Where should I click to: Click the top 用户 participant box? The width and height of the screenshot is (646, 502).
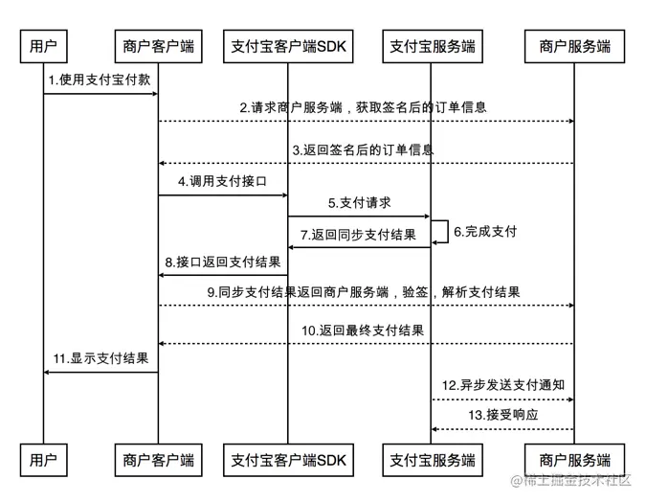tap(43, 45)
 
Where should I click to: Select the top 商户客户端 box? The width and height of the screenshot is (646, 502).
tap(158, 45)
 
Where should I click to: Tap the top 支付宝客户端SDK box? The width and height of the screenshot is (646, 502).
tap(288, 45)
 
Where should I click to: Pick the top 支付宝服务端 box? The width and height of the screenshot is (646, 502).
tap(432, 45)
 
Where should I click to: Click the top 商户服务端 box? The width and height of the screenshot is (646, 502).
tap(574, 45)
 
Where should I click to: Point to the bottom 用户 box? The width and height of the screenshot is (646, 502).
tap(43, 460)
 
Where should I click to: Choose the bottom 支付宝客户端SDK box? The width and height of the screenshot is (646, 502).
tap(288, 460)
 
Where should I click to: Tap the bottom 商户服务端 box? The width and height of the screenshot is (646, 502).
tap(574, 460)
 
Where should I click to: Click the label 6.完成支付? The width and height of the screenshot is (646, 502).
tap(485, 231)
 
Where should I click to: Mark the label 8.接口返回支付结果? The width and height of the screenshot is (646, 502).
tap(223, 262)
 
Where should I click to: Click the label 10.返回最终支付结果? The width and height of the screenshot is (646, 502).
tap(363, 331)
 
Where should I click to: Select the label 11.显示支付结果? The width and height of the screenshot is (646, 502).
tap(100, 358)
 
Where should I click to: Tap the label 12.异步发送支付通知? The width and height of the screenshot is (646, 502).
tap(503, 385)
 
